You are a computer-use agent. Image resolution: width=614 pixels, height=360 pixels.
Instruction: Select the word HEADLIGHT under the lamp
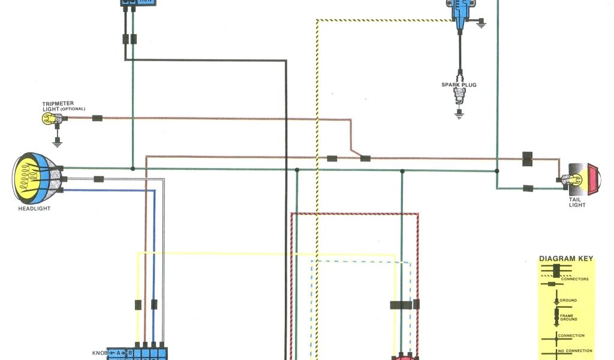tap(34, 209)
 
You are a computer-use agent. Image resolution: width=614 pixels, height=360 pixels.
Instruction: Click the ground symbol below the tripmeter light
tap(58, 143)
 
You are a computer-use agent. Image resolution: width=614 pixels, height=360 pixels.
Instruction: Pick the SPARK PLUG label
tap(459, 85)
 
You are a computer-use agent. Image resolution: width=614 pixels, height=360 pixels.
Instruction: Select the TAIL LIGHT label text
tap(577, 202)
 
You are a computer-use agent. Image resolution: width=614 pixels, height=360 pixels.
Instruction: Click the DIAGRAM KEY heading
tap(566, 259)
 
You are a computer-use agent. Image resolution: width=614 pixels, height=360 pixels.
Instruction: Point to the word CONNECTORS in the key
tap(574, 279)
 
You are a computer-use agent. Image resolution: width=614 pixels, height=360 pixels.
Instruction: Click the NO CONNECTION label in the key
tap(574, 351)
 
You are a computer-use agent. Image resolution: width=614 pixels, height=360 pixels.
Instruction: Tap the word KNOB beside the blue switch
tap(100, 353)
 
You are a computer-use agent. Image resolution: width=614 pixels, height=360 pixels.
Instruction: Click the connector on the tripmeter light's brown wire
tap(97, 118)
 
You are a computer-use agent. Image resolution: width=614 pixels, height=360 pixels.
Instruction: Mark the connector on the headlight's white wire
tap(99, 179)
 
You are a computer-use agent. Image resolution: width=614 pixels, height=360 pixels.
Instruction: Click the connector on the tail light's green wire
tap(528, 188)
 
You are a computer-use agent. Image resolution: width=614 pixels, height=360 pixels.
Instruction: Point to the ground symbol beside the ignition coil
tap(480, 25)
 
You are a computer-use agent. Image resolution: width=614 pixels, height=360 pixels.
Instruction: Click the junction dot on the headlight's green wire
tap(132, 168)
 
